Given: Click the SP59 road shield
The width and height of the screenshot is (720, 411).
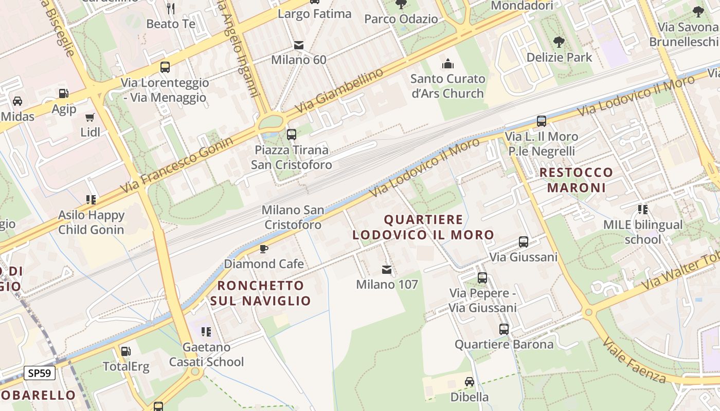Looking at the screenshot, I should tap(40, 372).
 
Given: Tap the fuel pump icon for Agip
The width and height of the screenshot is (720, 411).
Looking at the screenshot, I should tap(64, 94).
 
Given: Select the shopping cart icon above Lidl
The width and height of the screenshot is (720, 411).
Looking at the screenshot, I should tap(90, 117).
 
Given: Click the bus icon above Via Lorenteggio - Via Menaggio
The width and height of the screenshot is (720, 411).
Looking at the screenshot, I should tap(165, 67).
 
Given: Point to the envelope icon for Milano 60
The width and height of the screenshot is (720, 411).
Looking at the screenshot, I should tap(298, 45).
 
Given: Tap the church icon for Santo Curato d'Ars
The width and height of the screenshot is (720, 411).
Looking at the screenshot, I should tap(448, 64).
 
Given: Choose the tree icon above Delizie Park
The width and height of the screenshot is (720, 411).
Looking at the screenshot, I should tap(559, 42).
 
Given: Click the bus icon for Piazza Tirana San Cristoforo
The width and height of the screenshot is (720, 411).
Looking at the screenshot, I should tap(291, 135).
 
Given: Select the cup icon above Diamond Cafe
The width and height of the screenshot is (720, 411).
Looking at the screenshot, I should tap(263, 249).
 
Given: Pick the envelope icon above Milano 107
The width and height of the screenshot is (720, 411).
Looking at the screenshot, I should tap(387, 270).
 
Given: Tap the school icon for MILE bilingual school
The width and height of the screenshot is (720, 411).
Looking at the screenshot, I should tap(642, 210).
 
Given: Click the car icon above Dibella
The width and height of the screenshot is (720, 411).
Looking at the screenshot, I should tap(469, 382).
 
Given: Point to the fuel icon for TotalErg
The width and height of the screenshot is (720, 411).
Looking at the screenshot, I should tap(125, 351).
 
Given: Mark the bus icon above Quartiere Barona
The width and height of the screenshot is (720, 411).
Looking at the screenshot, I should tap(503, 329).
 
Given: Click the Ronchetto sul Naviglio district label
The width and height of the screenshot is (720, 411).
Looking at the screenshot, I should tap(261, 293).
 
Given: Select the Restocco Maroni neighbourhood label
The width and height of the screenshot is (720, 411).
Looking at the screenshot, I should tap(576, 180).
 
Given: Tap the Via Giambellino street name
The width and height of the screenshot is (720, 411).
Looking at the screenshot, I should tap(339, 90).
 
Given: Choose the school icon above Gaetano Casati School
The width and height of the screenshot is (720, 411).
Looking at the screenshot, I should tap(206, 332).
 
